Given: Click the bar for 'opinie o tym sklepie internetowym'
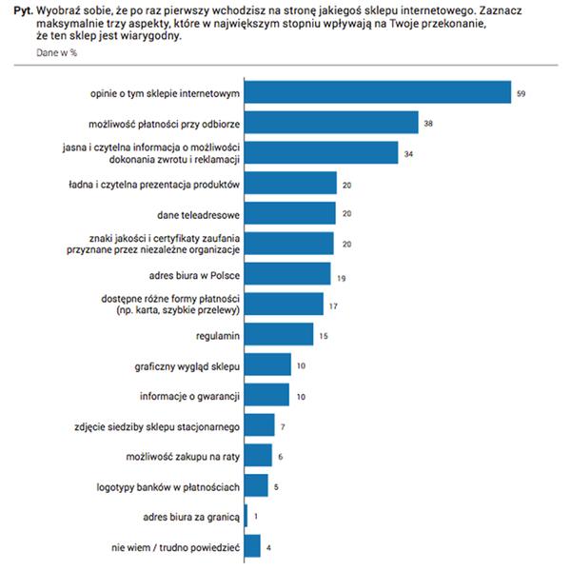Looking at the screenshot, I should point(378,93).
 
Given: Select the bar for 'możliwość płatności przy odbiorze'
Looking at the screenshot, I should point(331,123).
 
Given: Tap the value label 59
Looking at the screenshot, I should point(521,93).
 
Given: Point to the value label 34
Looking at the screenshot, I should point(408,153).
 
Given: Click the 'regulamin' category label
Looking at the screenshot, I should point(217,334).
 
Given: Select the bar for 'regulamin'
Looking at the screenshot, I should point(279,334).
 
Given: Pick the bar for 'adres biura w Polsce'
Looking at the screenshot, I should point(287,274).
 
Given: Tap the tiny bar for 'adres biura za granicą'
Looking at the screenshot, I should point(246,516).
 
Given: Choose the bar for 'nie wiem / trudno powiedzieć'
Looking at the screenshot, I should point(252,546).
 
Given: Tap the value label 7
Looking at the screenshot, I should point(283,425).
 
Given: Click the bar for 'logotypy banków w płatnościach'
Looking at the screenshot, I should point(256,486).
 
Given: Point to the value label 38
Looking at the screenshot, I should point(429,123).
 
